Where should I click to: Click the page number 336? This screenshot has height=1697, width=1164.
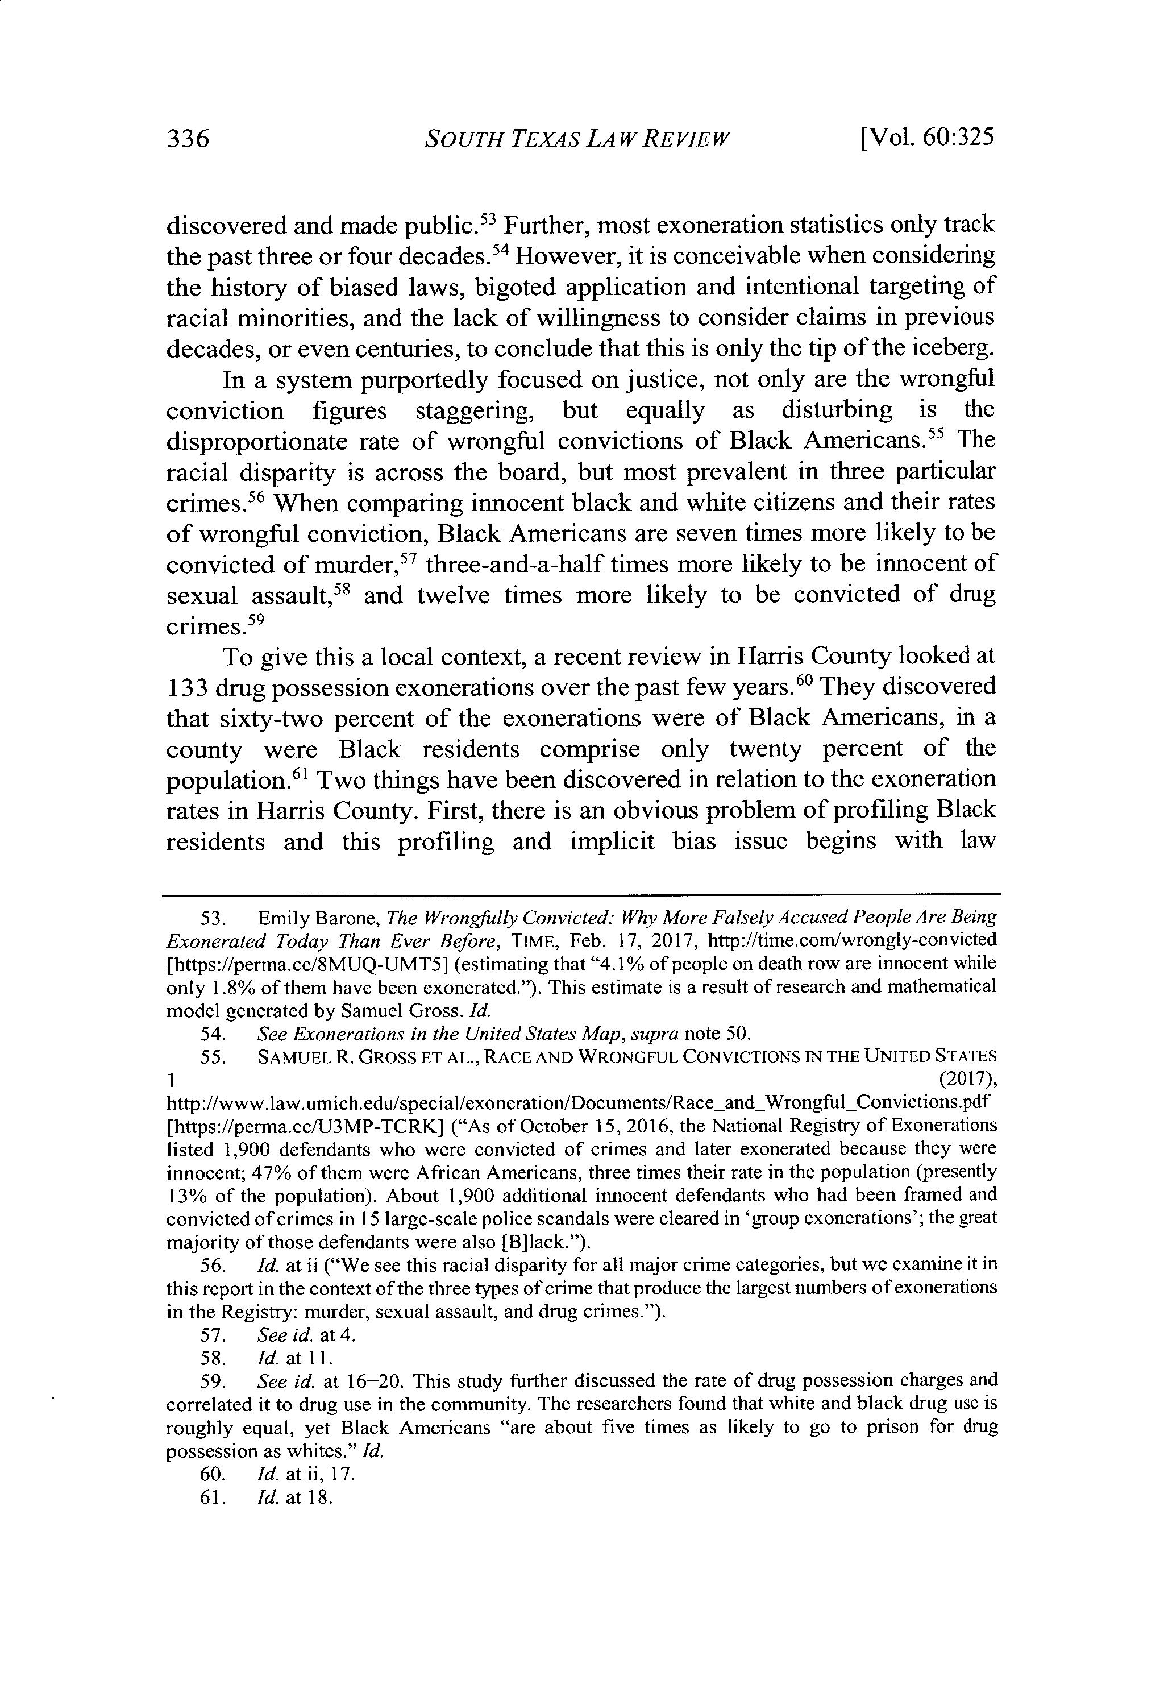tap(188, 138)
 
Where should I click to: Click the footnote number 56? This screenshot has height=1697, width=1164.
tap(213, 1264)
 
